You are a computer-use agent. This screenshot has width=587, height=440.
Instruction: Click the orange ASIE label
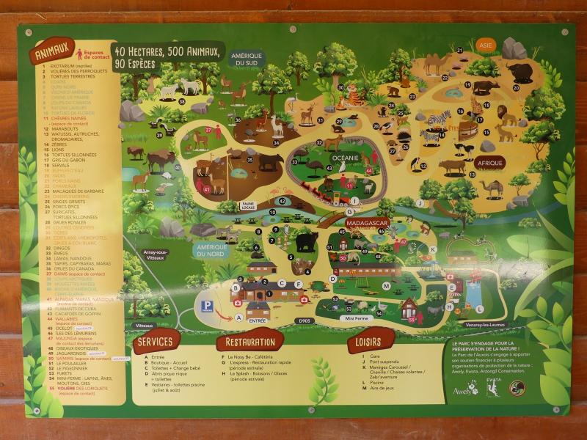tap(485, 45)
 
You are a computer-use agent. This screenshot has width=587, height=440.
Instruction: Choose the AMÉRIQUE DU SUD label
tap(247, 59)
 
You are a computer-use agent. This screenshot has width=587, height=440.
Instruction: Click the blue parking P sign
tap(208, 306)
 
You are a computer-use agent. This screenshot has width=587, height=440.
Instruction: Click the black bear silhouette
tap(307, 241)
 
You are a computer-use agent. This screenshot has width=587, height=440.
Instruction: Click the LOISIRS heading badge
tap(371, 341)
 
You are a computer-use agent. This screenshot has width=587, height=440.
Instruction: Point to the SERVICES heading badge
tap(156, 342)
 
